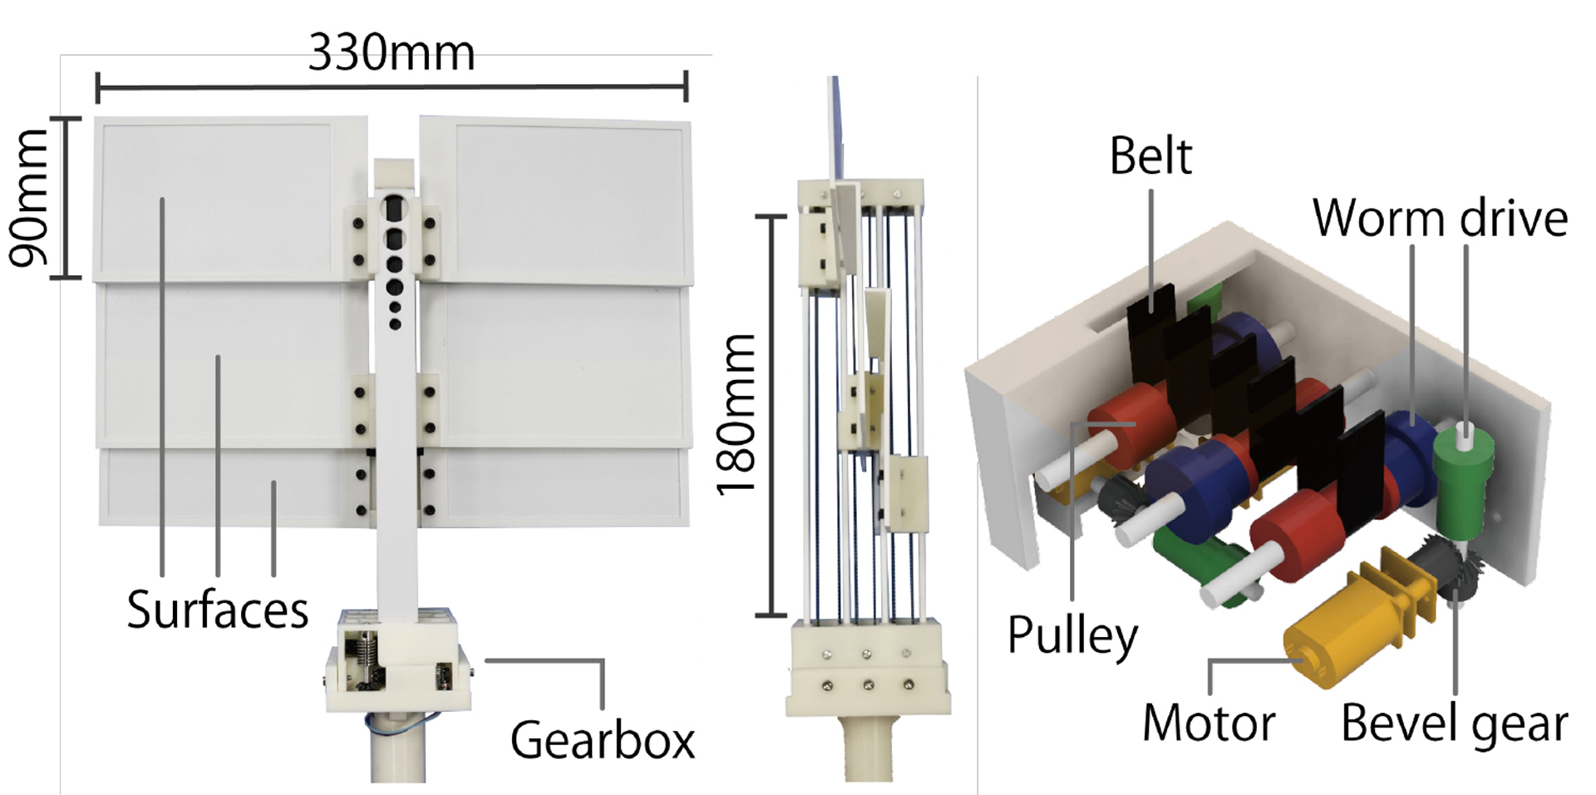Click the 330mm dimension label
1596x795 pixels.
pos(392,53)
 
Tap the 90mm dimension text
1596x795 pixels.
pos(28,198)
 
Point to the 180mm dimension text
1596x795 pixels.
pos(736,415)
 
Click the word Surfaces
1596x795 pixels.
pos(217,610)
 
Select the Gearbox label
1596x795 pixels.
pos(603,739)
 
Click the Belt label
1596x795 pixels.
pos(1150,156)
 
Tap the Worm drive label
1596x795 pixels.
pos(1440,218)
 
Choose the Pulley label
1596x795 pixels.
pos(1072,636)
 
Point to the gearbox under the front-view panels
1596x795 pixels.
pos(397,661)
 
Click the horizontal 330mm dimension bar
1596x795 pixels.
pos(392,86)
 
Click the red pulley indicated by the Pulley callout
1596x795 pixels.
pos(1130,424)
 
